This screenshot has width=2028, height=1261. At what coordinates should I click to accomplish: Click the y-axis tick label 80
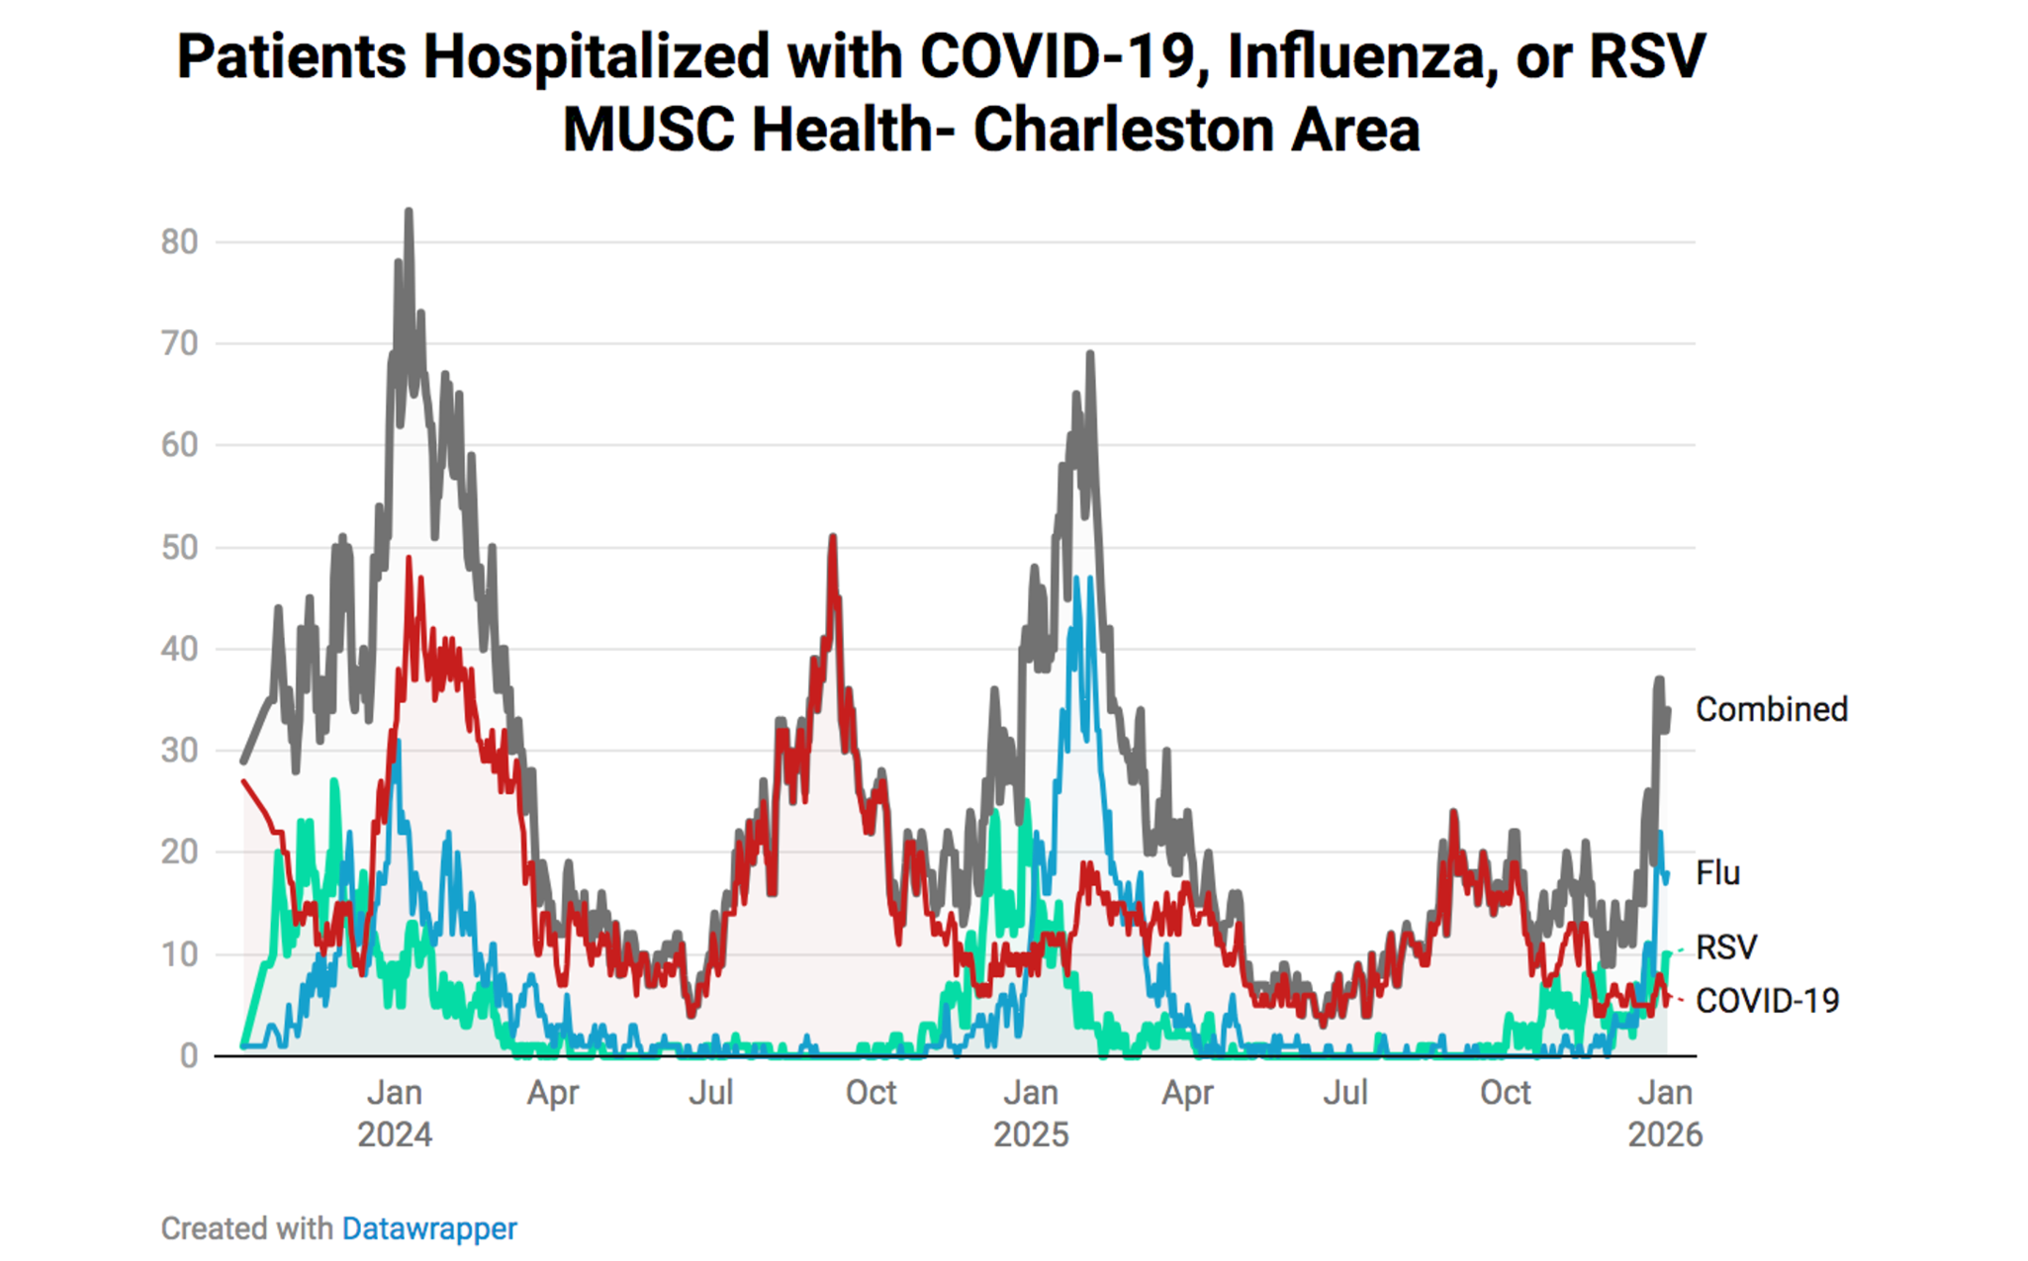(179, 242)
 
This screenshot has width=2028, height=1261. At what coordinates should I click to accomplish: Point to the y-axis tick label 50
(179, 548)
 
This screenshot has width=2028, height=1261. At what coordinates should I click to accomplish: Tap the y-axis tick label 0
(189, 1056)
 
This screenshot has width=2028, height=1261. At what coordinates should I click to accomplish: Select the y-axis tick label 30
(179, 751)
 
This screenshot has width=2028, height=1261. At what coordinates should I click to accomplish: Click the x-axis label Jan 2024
(395, 1113)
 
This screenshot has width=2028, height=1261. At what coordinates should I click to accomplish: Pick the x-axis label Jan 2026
(1665, 1113)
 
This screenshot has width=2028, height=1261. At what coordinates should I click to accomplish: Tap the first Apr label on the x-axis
(552, 1093)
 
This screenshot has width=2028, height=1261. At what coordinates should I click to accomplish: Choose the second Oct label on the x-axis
(1505, 1093)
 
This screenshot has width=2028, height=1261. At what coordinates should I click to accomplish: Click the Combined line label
(1771, 709)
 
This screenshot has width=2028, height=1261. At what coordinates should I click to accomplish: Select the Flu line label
(1717, 873)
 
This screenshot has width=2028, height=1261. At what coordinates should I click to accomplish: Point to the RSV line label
(1726, 947)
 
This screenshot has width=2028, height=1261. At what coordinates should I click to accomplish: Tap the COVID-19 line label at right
(1767, 1001)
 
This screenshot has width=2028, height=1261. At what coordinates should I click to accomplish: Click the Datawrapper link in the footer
(429, 1228)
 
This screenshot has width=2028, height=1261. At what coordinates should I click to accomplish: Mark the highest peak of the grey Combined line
(409, 213)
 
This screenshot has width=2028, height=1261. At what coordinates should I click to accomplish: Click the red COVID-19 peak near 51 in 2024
(833, 538)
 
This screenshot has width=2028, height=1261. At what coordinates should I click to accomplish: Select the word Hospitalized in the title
(597, 56)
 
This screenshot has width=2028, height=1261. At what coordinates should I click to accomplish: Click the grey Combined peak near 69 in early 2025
(1090, 354)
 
